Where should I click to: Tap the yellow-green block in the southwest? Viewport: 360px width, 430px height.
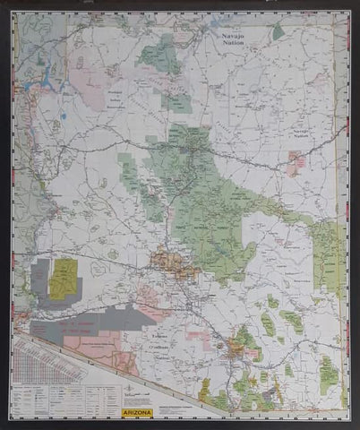pyautogui.click(x=62, y=279)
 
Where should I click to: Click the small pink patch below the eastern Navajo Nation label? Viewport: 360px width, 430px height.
pyautogui.click(x=296, y=161)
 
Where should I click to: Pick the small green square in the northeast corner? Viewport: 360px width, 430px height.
pyautogui.click(x=279, y=31)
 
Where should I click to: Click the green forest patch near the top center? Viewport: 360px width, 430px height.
pyautogui.click(x=161, y=54)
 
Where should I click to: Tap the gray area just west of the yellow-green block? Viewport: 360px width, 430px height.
pyautogui.click(x=39, y=277)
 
